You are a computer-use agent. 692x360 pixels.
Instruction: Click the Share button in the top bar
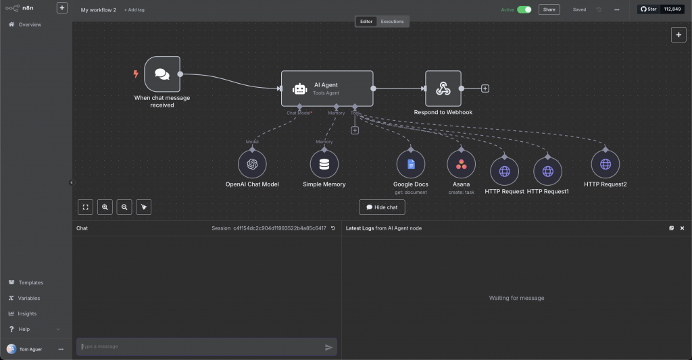pyautogui.click(x=549, y=9)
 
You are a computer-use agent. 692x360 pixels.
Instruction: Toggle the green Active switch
pyautogui.click(x=524, y=9)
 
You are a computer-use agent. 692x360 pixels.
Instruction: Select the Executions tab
pyautogui.click(x=392, y=22)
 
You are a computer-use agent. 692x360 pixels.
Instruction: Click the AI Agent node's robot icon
pyautogui.click(x=299, y=88)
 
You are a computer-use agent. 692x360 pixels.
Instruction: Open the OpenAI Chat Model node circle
pyautogui.click(x=252, y=164)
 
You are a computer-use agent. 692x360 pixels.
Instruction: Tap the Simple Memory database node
pyautogui.click(x=324, y=164)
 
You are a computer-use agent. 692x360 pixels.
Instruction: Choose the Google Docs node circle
pyautogui.click(x=410, y=164)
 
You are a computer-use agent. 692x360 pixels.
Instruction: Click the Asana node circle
pyautogui.click(x=461, y=164)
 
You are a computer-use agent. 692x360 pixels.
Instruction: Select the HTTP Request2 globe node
pyautogui.click(x=605, y=164)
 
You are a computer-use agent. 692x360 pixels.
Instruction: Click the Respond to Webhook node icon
pyautogui.click(x=443, y=88)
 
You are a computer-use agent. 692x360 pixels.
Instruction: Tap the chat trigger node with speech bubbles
pyautogui.click(x=162, y=74)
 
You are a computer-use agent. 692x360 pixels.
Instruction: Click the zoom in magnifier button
pyautogui.click(x=105, y=207)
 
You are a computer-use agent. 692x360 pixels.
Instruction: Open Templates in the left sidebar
pyautogui.click(x=30, y=282)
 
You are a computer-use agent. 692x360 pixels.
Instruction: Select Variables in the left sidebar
pyautogui.click(x=29, y=298)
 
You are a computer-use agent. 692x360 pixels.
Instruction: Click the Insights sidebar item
pyautogui.click(x=27, y=313)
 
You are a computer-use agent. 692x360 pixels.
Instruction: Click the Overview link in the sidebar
pyautogui.click(x=29, y=24)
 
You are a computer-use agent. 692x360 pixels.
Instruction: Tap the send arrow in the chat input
pyautogui.click(x=328, y=347)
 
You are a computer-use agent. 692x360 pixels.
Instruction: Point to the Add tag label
pyautogui.click(x=134, y=10)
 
